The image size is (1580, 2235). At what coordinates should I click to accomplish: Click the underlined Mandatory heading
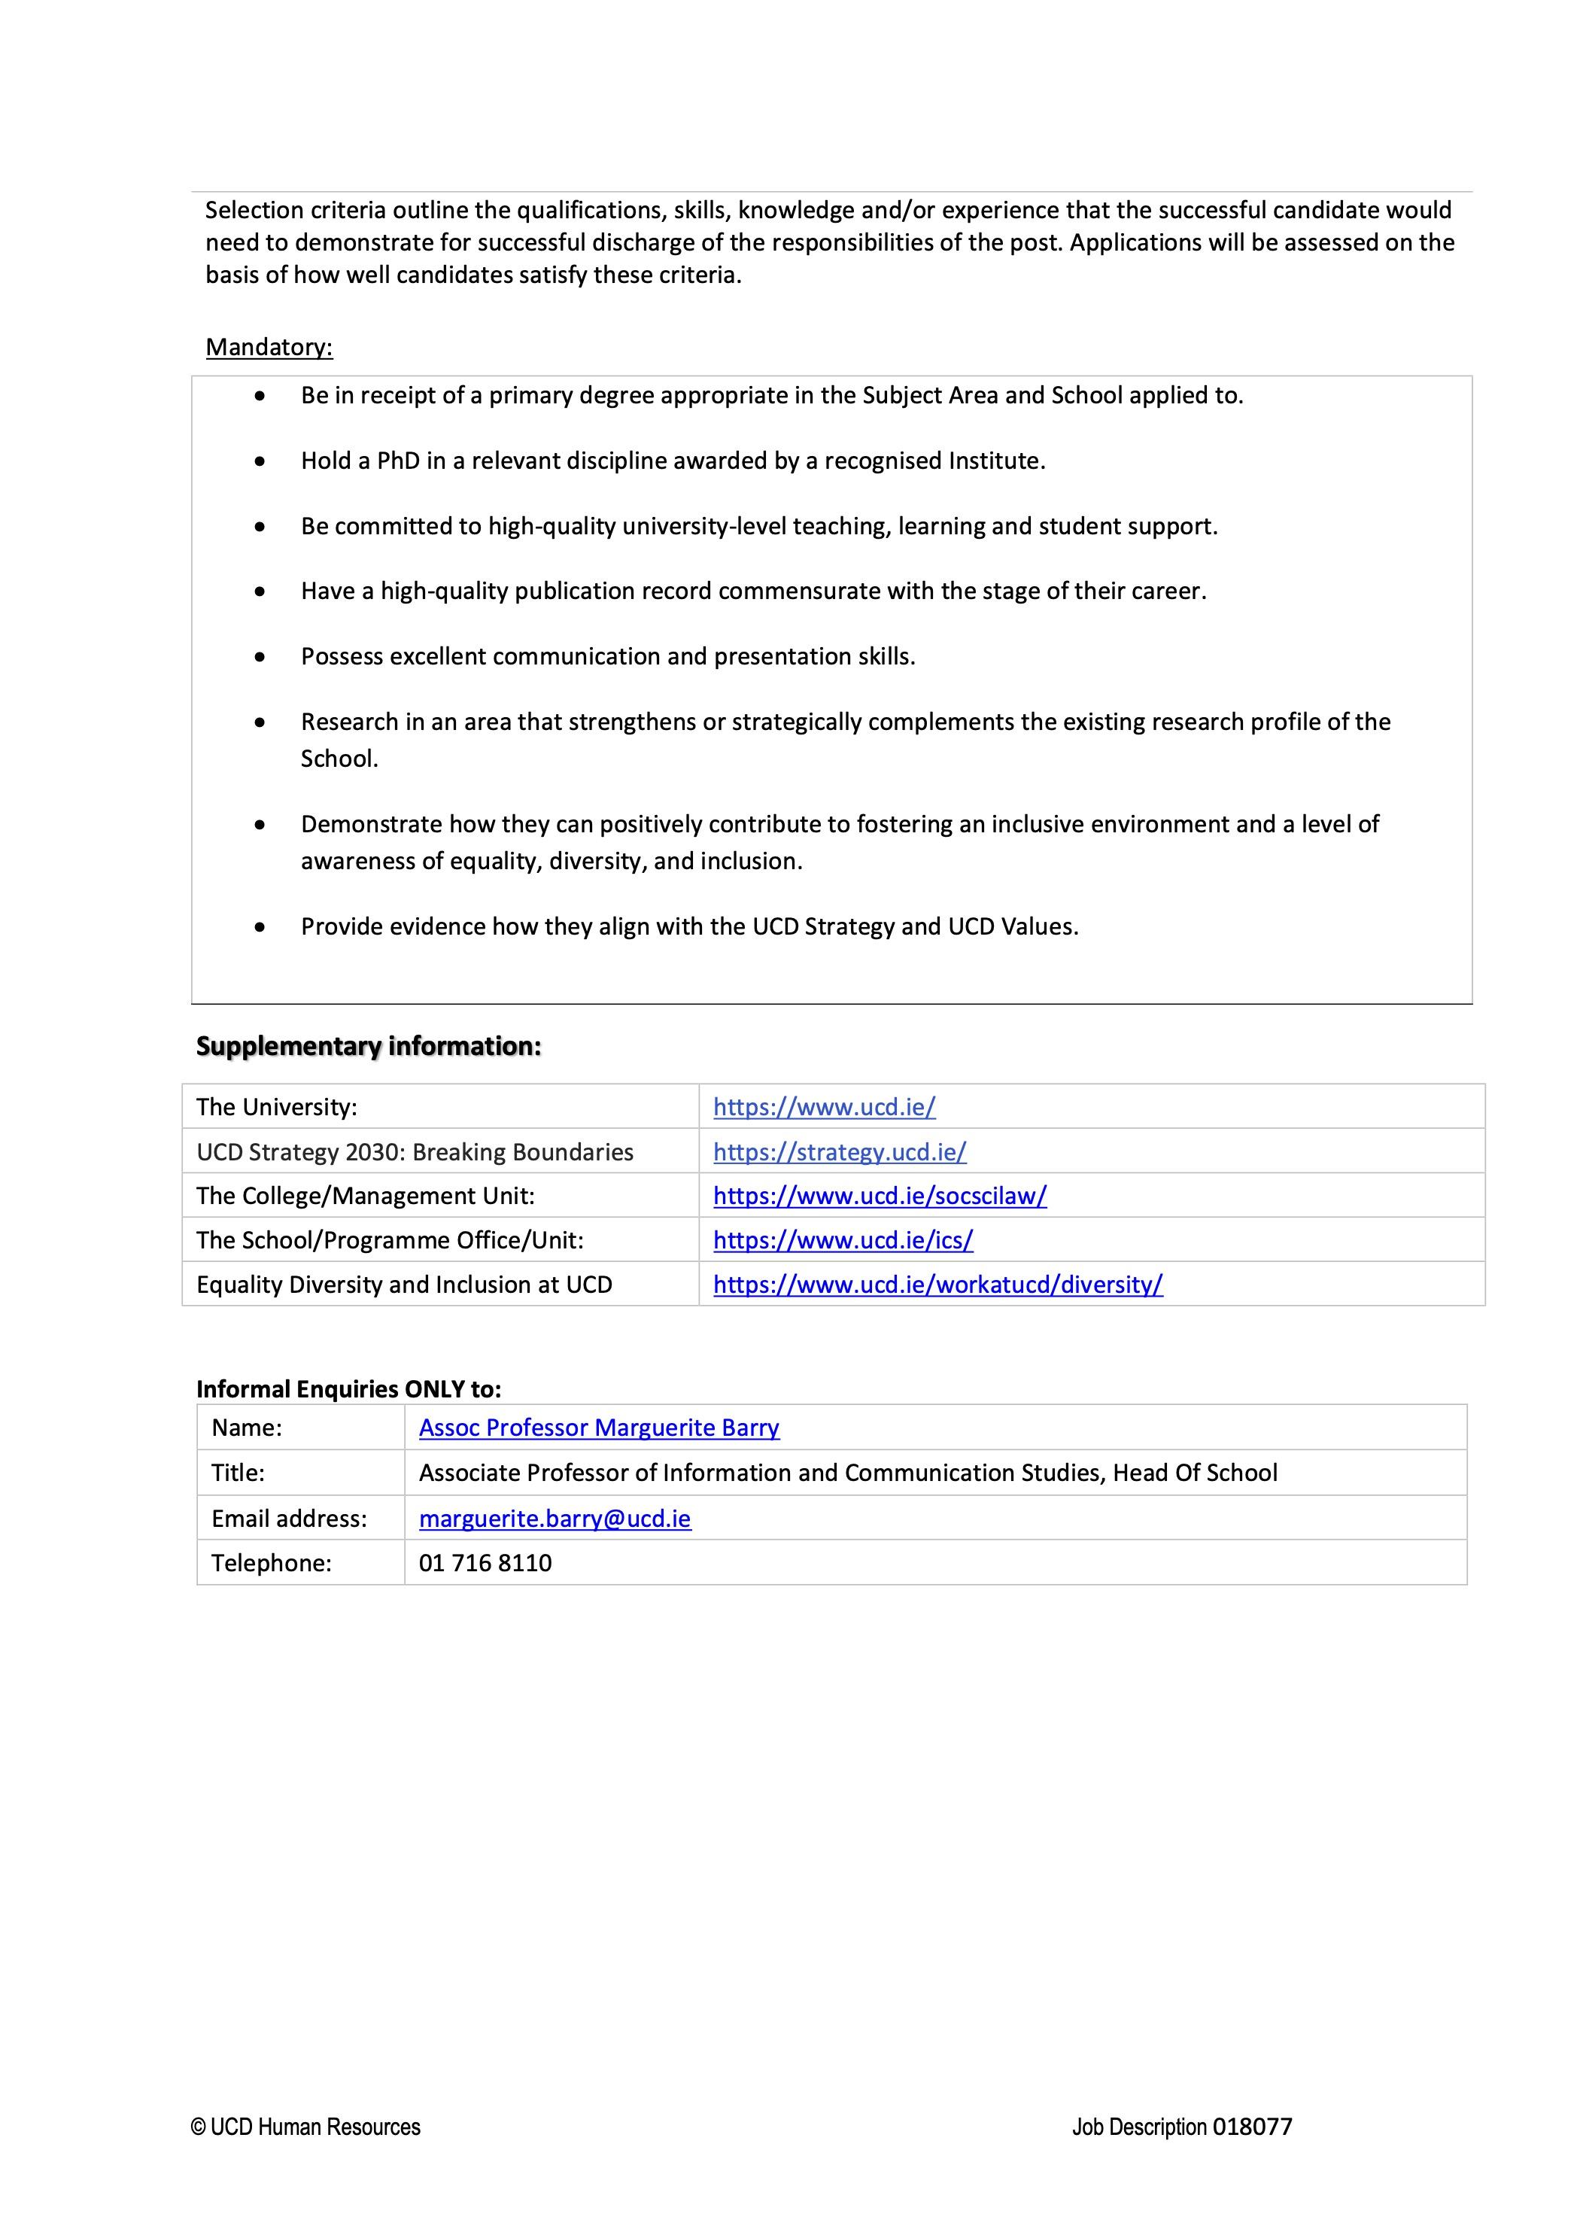coord(269,348)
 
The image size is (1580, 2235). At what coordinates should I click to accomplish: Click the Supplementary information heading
coord(368,1047)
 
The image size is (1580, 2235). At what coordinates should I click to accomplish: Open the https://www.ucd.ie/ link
coord(824,1107)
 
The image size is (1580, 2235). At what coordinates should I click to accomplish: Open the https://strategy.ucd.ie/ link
coord(839,1151)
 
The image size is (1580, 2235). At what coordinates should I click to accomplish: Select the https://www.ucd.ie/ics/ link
coord(843,1240)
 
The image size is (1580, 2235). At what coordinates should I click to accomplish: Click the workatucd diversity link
coord(937,1285)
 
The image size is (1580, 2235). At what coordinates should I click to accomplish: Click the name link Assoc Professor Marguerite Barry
coord(599,1428)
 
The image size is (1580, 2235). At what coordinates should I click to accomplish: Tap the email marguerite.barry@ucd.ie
coord(555,1519)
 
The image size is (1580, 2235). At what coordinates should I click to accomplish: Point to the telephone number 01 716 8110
coord(485,1563)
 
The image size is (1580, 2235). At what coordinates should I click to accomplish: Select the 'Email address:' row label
coord(289,1519)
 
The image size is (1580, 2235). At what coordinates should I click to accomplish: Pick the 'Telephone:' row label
coord(272,1563)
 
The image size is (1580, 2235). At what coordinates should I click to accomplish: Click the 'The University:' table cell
coord(276,1107)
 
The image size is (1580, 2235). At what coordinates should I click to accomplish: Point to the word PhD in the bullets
coord(398,461)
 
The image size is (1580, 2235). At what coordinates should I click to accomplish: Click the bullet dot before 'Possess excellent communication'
coord(259,657)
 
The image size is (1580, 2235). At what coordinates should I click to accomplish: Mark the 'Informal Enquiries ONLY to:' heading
coord(348,1389)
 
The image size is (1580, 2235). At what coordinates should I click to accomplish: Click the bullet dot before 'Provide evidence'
coord(259,926)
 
